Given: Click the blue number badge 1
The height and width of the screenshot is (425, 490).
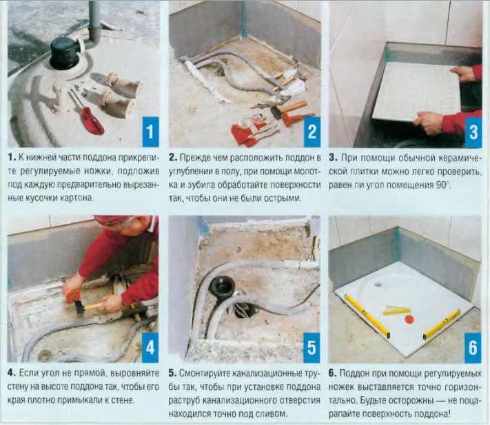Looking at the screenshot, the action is coord(150,132).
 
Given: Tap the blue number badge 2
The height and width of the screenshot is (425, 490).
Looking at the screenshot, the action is coord(312,132).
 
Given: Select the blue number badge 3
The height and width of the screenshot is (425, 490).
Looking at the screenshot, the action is coord(473,132).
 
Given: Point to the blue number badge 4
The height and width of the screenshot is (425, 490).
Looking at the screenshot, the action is coord(150,348).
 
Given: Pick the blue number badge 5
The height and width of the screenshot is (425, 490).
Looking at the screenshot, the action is coord(312,348).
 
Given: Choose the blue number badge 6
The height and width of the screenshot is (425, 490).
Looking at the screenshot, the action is coord(473,348).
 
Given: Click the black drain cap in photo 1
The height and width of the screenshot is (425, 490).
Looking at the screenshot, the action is coord(65,53).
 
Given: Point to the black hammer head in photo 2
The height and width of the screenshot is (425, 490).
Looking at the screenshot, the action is coord(276,112).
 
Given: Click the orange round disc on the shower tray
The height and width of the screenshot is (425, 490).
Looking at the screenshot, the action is coord(409,320).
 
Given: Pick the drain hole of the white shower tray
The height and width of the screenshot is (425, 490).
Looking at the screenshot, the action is coord(378,284).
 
